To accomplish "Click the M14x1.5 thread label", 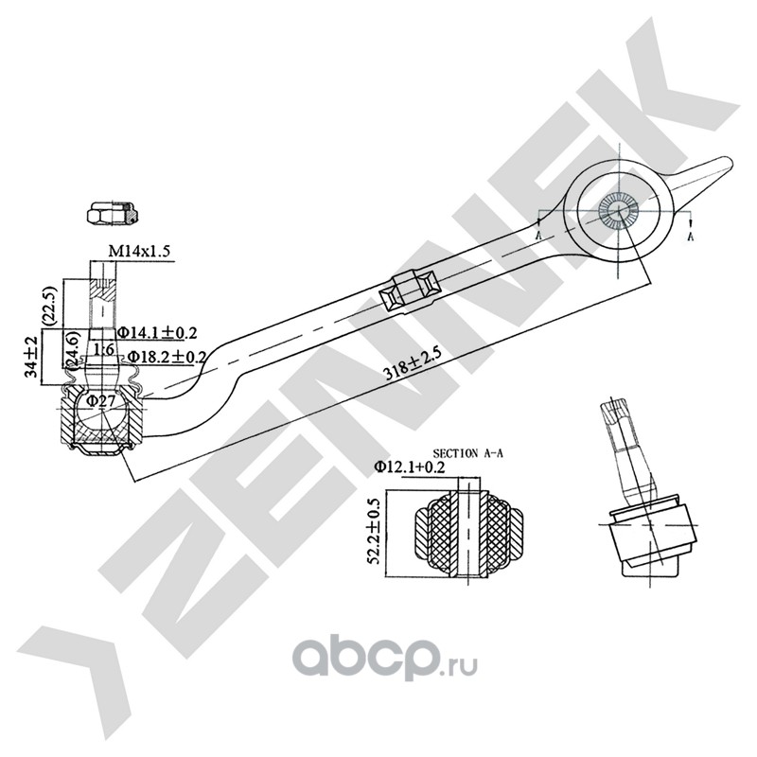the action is click(140, 251).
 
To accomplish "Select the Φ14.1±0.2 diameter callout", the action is click(158, 333).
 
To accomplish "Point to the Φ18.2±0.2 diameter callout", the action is click(167, 357).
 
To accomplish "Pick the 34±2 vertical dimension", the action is click(31, 357).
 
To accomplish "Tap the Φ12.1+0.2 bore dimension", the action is click(410, 467).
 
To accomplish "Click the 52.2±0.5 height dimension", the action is click(375, 532).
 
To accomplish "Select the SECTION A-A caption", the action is click(467, 454).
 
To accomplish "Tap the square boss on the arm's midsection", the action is click(411, 291).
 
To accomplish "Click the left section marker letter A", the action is click(537, 235).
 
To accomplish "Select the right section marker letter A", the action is click(691, 236).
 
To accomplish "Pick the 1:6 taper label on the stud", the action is click(104, 348).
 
